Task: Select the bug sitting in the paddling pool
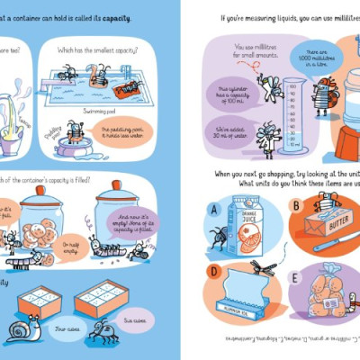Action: (75, 135)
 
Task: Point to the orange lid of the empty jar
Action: (117, 188)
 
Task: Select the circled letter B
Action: (294, 206)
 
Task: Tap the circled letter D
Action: (213, 270)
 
